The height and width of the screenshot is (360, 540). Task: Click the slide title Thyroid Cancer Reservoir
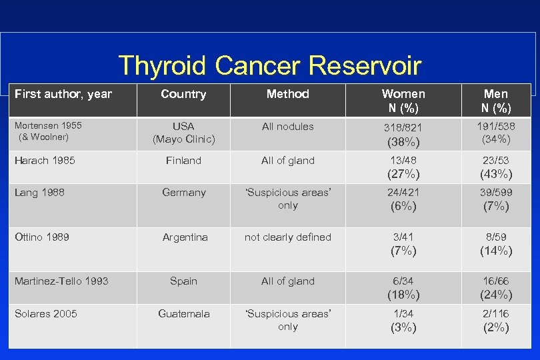pyautogui.click(x=269, y=65)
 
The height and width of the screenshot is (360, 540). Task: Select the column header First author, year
pyautogui.click(x=63, y=94)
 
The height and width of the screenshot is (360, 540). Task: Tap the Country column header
pyautogui.click(x=183, y=94)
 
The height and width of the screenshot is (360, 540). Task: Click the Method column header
pyautogui.click(x=287, y=94)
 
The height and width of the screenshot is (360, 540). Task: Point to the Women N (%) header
pyautogui.click(x=403, y=101)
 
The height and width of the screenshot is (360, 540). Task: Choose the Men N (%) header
pyautogui.click(x=495, y=101)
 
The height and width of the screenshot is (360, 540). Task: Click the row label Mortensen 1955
pyautogui.click(x=45, y=126)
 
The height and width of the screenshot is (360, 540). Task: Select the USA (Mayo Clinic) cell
pyautogui.click(x=183, y=133)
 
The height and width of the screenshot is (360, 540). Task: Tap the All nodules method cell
pyautogui.click(x=287, y=126)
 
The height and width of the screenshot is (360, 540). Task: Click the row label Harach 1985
pyautogui.click(x=45, y=160)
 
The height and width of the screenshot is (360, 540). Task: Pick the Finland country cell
pyautogui.click(x=183, y=160)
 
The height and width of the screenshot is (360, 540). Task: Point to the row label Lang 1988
pyautogui.click(x=39, y=192)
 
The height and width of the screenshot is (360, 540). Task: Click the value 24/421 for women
pyautogui.click(x=403, y=193)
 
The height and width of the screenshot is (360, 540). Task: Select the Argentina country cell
pyautogui.click(x=185, y=237)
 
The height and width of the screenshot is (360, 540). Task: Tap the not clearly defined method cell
pyautogui.click(x=287, y=237)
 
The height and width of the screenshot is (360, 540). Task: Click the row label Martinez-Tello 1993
pyautogui.click(x=61, y=281)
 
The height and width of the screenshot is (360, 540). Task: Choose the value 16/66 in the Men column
pyautogui.click(x=495, y=281)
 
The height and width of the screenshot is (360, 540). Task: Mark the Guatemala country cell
pyautogui.click(x=183, y=313)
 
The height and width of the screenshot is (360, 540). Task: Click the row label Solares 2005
pyautogui.click(x=45, y=313)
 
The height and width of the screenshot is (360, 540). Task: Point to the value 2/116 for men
pyautogui.click(x=495, y=314)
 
